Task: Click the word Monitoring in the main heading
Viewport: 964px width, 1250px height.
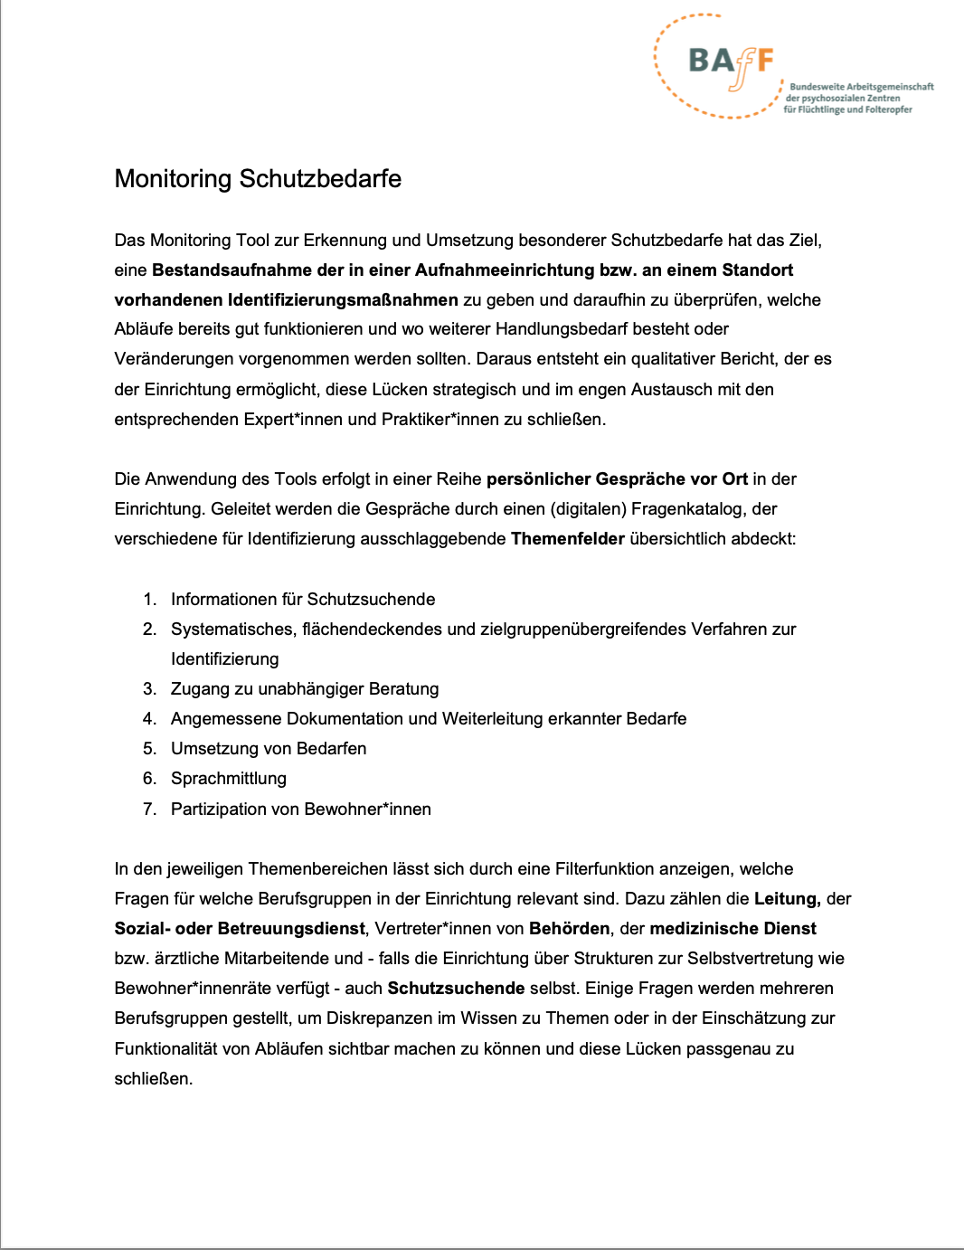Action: click(x=174, y=178)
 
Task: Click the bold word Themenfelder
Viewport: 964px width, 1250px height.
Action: click(x=568, y=538)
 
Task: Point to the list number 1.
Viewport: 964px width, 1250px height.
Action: click(x=149, y=599)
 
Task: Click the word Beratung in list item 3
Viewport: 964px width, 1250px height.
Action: click(x=402, y=688)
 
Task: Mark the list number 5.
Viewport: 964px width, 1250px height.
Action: click(x=149, y=748)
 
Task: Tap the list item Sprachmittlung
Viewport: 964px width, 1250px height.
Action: click(x=228, y=778)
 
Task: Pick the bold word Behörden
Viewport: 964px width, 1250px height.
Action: click(x=570, y=928)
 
